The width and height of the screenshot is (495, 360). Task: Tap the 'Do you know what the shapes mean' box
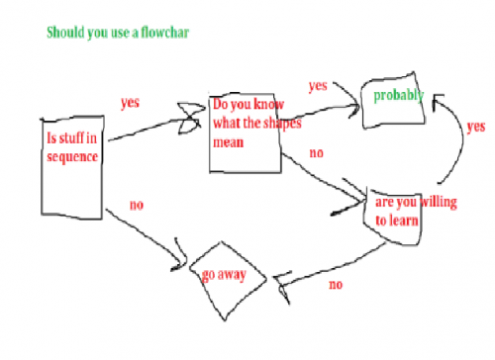(246, 134)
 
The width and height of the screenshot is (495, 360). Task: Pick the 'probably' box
(393, 105)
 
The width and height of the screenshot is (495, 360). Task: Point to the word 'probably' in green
(393, 96)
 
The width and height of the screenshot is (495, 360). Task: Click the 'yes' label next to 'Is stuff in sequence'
(129, 102)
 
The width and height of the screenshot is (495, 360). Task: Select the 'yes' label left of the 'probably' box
(317, 86)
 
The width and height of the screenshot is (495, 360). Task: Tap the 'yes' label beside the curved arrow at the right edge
(475, 128)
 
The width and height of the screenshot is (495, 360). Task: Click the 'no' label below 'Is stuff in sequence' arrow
(137, 205)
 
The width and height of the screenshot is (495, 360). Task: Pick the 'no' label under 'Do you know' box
(317, 153)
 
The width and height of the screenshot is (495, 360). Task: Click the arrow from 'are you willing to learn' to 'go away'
(327, 262)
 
